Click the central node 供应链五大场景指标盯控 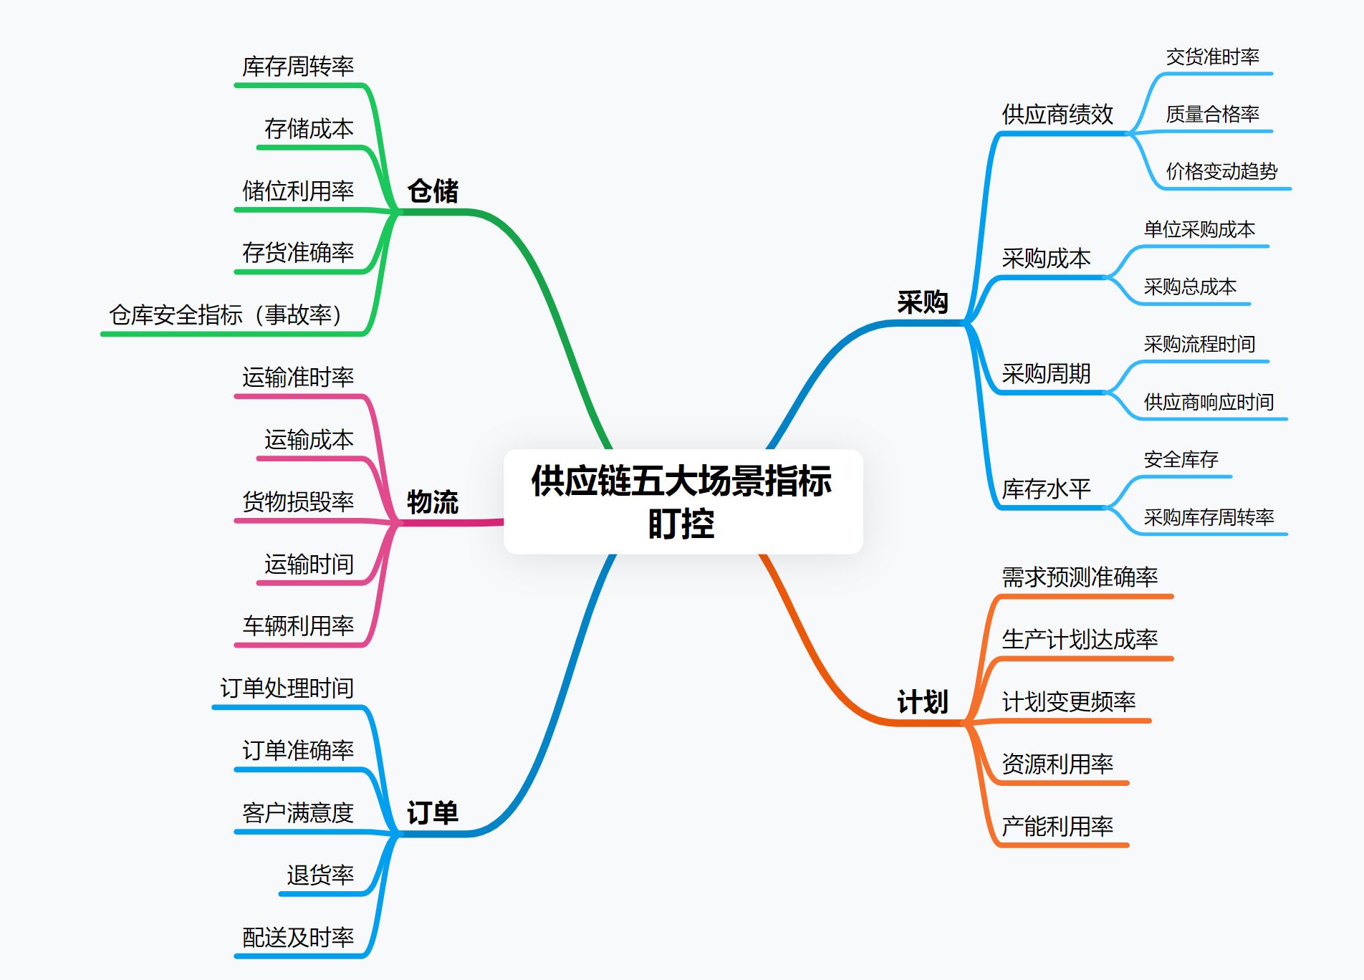682,501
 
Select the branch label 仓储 433,191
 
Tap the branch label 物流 433,502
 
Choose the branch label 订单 433,813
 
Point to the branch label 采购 923,302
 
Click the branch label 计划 923,702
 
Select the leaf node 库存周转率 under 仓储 298,67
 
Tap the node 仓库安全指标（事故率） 226,315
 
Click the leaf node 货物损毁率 298,501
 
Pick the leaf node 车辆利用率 298,626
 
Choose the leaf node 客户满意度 298,813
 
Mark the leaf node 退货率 320,875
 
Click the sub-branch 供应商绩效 1057,115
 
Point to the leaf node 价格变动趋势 1221,171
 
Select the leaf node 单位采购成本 1199,229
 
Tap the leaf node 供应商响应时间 1209,402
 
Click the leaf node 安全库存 1181,459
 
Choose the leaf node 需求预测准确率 1080,577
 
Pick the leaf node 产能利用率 1057,827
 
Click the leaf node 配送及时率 298,937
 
